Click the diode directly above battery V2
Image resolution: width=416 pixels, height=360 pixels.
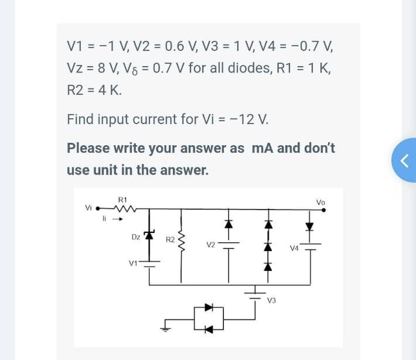coord(229,224)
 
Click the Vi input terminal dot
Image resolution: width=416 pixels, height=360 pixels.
coord(98,208)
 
